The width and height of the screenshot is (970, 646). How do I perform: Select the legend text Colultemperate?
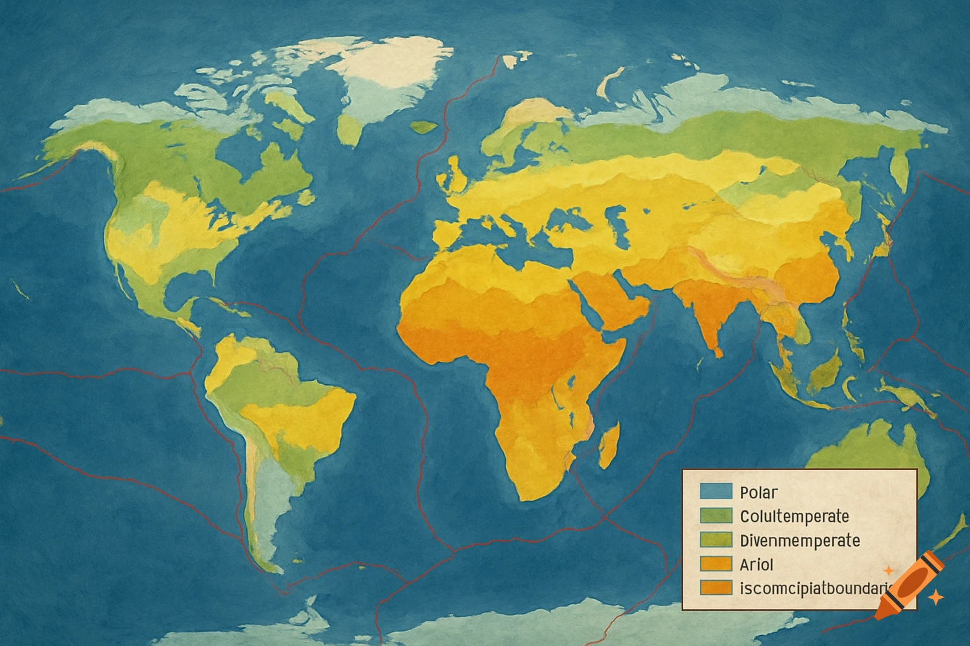794,516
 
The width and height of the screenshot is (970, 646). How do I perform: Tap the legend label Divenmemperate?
799,541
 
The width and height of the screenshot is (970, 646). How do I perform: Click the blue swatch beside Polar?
716,491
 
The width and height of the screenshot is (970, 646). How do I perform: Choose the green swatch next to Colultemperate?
716,515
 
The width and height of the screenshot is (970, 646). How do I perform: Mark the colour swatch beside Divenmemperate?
716,540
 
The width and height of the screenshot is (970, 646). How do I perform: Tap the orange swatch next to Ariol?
716,563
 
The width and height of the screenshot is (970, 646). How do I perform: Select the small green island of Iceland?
424,126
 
